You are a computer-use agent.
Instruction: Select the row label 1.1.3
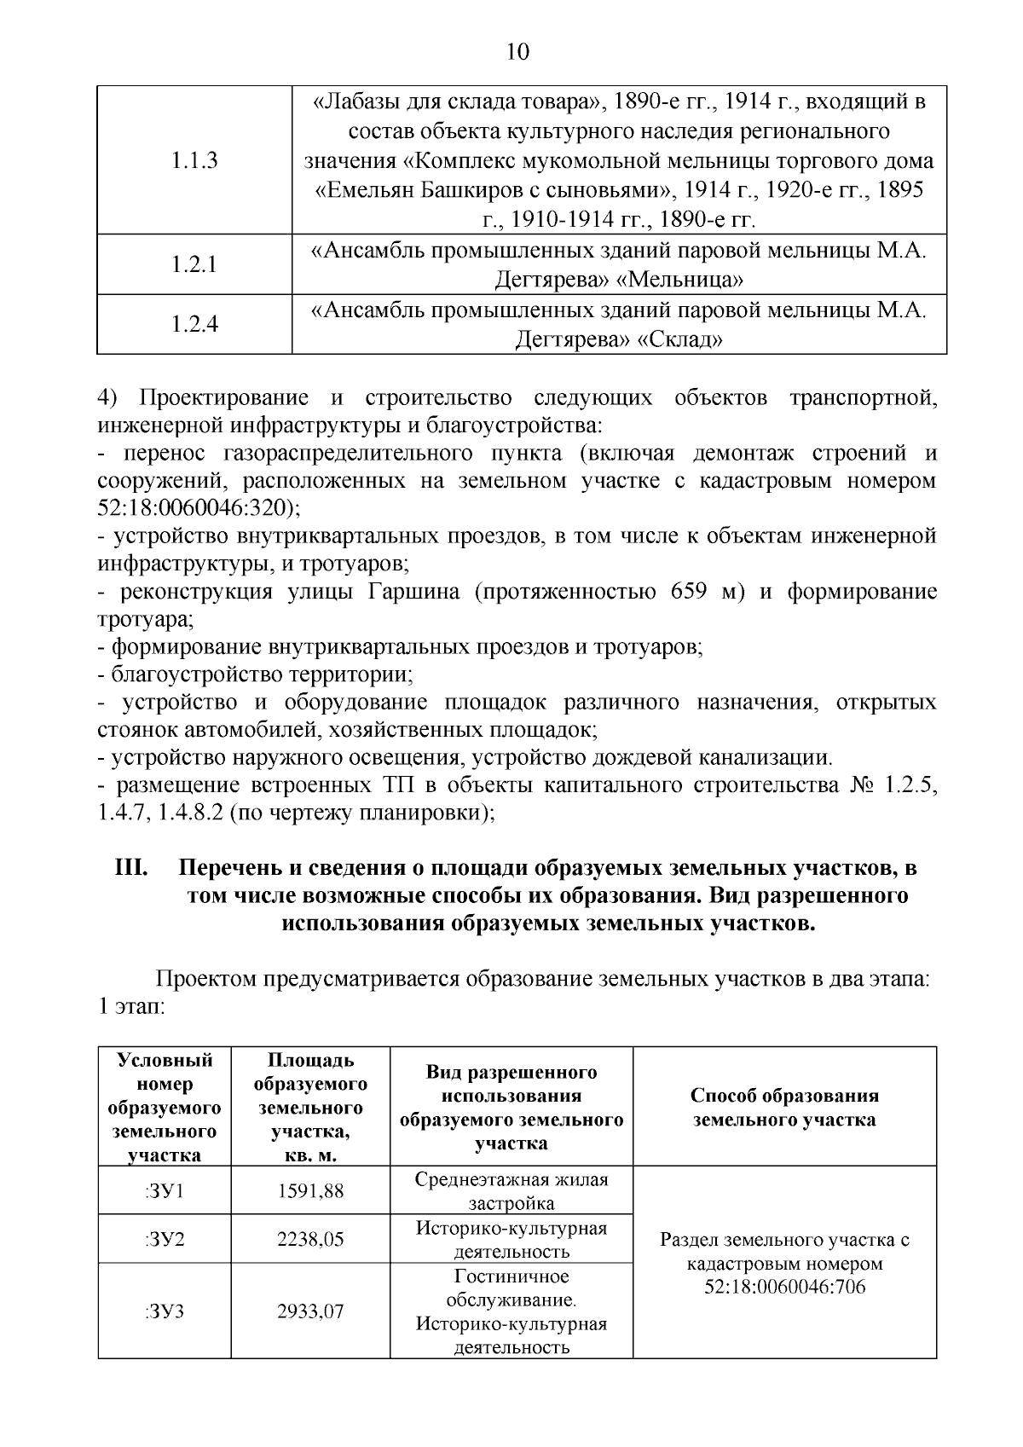(194, 160)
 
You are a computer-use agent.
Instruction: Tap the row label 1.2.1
(194, 264)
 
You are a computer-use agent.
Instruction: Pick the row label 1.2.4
(194, 324)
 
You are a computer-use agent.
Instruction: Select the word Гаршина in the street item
(413, 592)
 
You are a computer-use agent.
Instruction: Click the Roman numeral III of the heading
(133, 869)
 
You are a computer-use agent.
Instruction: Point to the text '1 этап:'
(130, 1006)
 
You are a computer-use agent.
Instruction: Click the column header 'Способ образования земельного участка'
(784, 1107)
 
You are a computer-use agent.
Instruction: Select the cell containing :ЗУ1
(164, 1190)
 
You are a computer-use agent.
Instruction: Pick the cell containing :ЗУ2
(164, 1239)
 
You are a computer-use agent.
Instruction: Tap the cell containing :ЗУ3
(164, 1311)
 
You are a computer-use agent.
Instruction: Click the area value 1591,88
(310, 1190)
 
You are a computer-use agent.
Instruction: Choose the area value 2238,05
(310, 1239)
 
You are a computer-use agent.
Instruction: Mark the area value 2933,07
(310, 1311)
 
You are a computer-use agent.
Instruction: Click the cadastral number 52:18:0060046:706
(784, 1286)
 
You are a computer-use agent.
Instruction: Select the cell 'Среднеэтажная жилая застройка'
(511, 1191)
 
